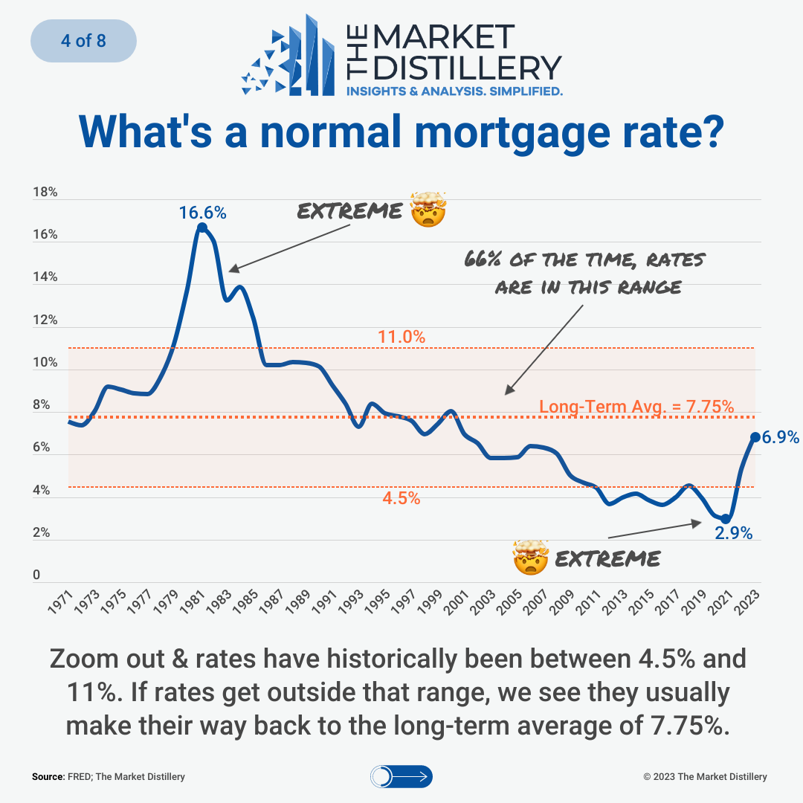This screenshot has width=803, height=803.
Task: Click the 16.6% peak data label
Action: pos(202,213)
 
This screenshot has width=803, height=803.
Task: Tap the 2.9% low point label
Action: pos(734,533)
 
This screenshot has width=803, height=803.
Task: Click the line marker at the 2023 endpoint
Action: pos(755,437)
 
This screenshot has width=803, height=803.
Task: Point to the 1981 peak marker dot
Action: pos(201,227)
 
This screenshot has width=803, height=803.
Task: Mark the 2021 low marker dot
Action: pos(726,519)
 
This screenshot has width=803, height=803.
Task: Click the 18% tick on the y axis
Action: pos(45,193)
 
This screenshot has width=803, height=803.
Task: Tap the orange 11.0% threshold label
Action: pos(401,337)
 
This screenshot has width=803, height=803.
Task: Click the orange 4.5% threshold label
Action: pos(401,499)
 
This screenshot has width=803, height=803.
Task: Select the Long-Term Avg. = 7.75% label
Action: pos(636,407)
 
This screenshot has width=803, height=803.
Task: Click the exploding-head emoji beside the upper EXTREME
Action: pos(428,210)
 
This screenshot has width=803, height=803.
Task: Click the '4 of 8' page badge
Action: pos(83,40)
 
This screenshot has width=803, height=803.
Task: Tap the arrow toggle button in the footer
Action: pos(401,777)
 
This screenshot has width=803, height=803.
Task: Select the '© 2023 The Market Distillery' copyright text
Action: pos(705,777)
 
